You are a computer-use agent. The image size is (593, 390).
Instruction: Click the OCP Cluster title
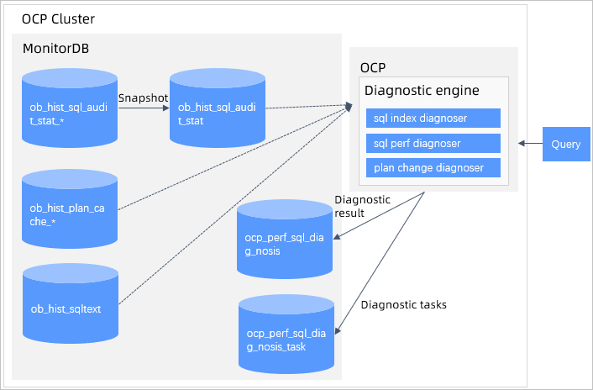(x=59, y=19)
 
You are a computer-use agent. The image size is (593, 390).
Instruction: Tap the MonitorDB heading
(x=55, y=48)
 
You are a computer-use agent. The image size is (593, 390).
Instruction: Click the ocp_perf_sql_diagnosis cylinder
(x=286, y=244)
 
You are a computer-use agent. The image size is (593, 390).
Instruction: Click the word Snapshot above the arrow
(x=143, y=98)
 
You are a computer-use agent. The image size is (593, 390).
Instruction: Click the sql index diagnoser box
(x=433, y=118)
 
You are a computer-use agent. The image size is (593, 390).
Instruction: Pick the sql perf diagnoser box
(x=433, y=143)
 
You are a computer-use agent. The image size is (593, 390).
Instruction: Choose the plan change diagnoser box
(x=433, y=167)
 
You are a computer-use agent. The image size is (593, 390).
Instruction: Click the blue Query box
(x=565, y=145)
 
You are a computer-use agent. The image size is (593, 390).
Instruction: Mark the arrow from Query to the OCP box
(x=530, y=145)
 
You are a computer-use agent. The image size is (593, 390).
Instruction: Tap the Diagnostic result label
(x=362, y=206)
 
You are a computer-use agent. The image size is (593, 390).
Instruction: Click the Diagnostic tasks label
(x=403, y=304)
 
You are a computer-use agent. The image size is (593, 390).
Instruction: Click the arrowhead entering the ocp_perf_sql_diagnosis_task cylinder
(x=339, y=333)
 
